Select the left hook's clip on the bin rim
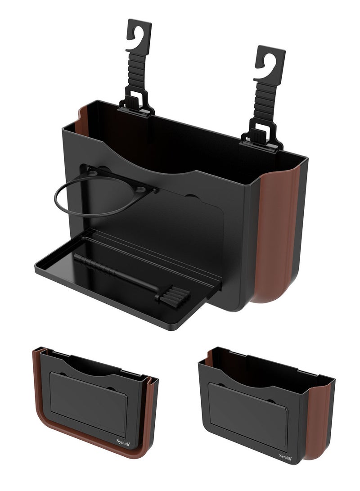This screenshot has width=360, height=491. [136, 104]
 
